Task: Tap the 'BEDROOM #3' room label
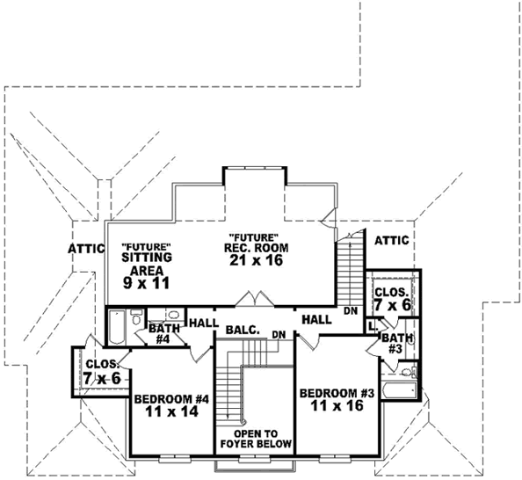(x=337, y=393)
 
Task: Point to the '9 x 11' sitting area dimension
(x=145, y=283)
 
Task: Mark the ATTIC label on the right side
(x=391, y=240)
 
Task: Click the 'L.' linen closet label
(x=373, y=325)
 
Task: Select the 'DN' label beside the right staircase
(x=351, y=311)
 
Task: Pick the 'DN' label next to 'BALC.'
(x=279, y=335)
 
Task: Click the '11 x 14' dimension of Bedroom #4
(x=171, y=411)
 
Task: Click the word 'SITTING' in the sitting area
(x=146, y=258)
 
